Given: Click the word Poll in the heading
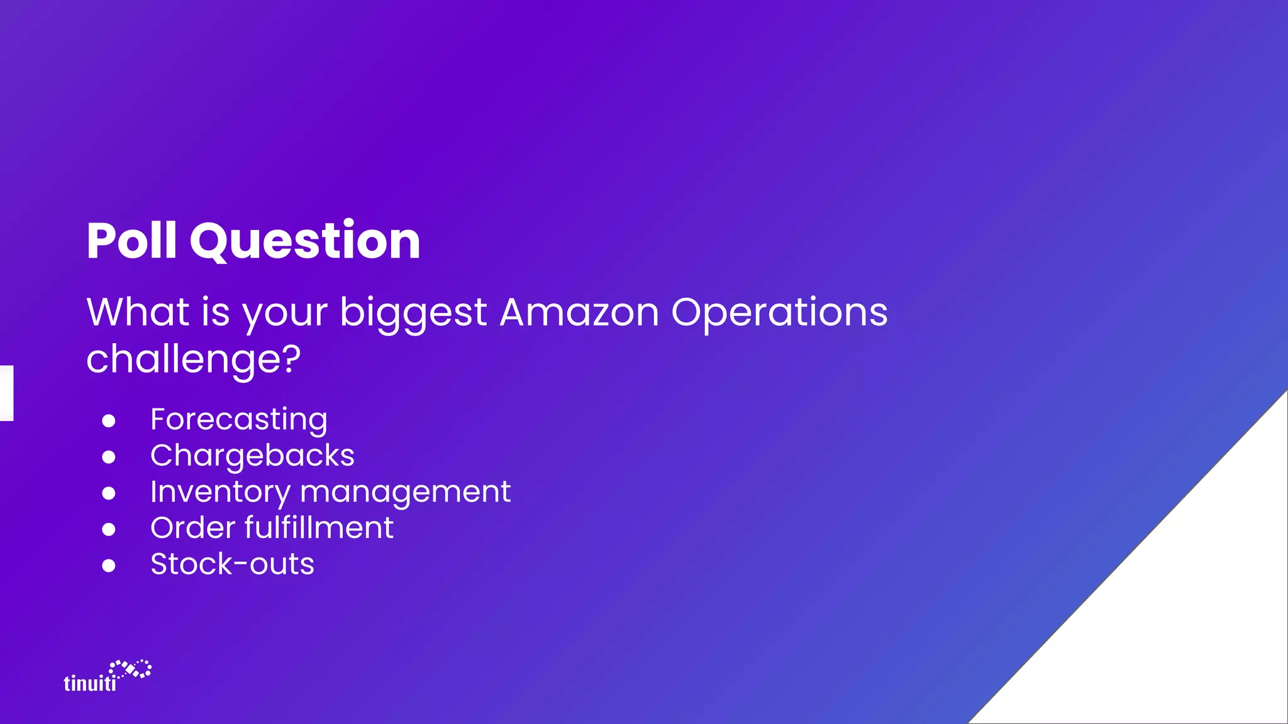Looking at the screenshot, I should [131, 241].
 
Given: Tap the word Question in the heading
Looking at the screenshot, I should [305, 242].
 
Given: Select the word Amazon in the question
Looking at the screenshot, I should [579, 312].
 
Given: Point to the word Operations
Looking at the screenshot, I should [779, 314].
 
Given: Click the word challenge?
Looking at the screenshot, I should [193, 360].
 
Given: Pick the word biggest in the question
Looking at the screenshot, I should [413, 314].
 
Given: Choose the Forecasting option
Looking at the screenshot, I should [239, 420].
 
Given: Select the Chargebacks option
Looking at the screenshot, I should [252, 456].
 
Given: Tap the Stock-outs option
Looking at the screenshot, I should [232, 564].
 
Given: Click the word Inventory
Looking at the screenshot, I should [219, 492].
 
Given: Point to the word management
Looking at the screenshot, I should [406, 492].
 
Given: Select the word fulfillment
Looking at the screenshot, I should [319, 528].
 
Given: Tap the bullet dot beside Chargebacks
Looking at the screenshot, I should [109, 457].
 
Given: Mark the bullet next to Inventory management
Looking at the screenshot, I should [109, 493].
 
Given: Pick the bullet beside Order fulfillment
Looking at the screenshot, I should [109, 530].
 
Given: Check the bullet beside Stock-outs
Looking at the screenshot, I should [109, 566].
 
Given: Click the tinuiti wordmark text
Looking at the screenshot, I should [90, 683].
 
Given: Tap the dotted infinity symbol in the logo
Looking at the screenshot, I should [131, 669].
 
